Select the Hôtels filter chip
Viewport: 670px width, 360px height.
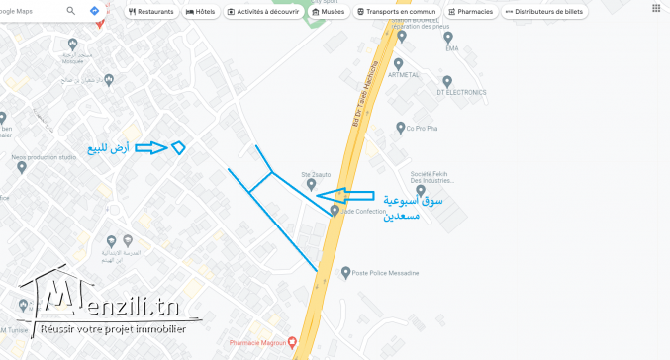tap(201, 12)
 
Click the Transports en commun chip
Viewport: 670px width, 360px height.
tap(397, 12)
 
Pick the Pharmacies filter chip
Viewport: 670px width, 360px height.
tap(469, 12)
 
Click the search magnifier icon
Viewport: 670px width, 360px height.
tap(71, 11)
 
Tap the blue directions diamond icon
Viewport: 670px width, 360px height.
tap(94, 11)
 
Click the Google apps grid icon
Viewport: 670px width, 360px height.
tap(656, 8)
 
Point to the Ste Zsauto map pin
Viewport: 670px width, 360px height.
tap(311, 184)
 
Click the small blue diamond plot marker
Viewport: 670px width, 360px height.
tap(178, 148)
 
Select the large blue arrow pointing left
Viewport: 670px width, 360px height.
tap(351, 195)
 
